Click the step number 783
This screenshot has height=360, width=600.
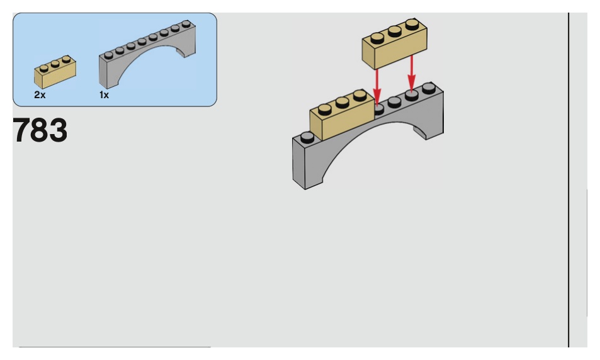40,130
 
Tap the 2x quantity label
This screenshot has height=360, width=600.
40,95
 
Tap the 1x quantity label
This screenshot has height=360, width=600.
105,95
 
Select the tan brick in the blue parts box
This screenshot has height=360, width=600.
55,72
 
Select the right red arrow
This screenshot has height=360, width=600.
412,72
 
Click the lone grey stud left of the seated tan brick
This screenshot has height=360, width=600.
307,136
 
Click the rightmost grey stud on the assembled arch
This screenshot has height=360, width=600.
429,87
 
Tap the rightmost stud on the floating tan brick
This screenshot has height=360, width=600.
412,25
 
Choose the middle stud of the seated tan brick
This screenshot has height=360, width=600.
342,102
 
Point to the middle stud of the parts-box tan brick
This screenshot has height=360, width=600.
54,63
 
